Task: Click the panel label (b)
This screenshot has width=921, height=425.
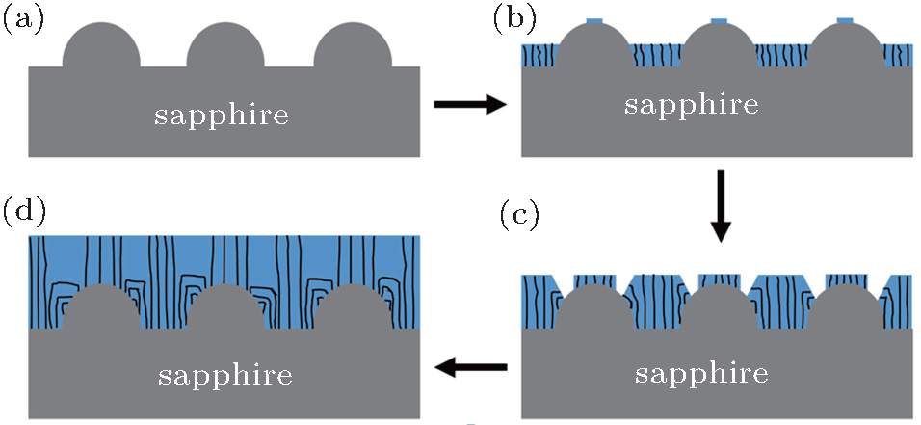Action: (x=513, y=19)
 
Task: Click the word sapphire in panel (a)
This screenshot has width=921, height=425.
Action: (x=222, y=116)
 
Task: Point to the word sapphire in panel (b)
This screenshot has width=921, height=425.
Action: (x=691, y=105)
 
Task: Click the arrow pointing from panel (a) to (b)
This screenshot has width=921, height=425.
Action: (x=469, y=105)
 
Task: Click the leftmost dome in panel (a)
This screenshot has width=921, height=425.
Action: (x=102, y=46)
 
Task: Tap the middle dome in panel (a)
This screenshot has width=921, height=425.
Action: (x=226, y=46)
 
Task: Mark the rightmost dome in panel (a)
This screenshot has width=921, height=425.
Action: (x=353, y=46)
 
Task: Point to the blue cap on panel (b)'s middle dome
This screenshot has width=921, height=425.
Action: (x=719, y=20)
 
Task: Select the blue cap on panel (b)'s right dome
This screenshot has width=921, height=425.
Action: (x=846, y=20)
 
